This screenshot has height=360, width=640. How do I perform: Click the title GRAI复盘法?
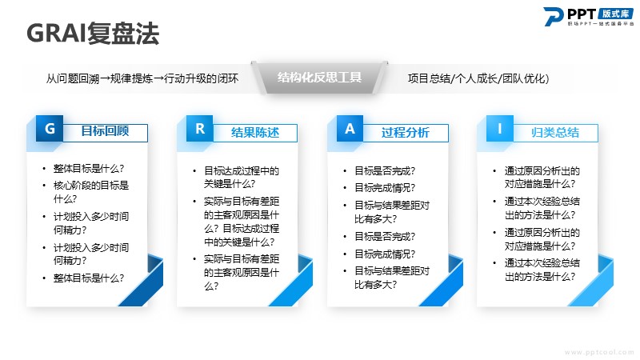(x=93, y=33)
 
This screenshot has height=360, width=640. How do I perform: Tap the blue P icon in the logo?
(x=553, y=16)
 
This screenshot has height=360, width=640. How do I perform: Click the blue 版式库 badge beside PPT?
(x=615, y=14)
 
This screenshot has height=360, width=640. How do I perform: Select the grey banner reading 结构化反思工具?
(x=319, y=78)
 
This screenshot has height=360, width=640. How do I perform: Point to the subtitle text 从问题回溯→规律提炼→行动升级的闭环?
(x=142, y=78)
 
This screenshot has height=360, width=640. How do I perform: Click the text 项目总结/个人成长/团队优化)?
(x=478, y=78)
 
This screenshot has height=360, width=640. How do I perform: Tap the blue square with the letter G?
(x=50, y=129)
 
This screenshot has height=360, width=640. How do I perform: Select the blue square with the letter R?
(x=199, y=129)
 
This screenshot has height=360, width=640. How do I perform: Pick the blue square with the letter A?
(x=350, y=129)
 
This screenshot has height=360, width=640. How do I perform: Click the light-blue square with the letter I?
(x=499, y=129)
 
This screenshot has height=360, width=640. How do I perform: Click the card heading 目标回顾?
(x=105, y=131)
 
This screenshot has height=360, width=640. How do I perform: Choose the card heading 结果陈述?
(x=255, y=132)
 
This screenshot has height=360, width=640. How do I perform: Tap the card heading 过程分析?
(x=406, y=132)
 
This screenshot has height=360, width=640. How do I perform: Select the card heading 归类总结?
(x=555, y=132)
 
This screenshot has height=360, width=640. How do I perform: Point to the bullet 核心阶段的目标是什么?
(x=91, y=192)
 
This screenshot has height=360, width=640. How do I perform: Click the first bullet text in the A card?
(x=385, y=170)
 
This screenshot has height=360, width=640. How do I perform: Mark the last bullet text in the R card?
(x=242, y=272)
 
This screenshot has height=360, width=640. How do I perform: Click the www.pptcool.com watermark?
(x=599, y=352)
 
